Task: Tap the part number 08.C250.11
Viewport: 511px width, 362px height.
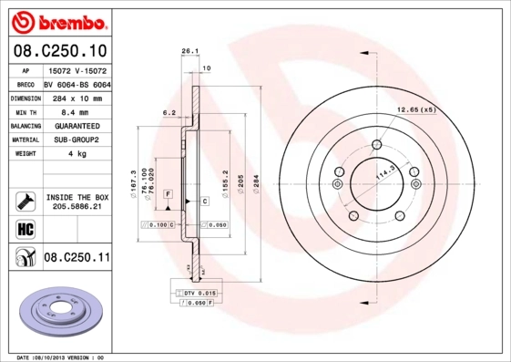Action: pos(77,258)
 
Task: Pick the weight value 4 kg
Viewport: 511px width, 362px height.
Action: pos(76,154)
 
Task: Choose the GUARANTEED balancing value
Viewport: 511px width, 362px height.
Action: pos(77,126)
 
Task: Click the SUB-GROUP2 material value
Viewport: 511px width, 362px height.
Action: pos(77,140)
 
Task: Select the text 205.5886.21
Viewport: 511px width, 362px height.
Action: pos(77,207)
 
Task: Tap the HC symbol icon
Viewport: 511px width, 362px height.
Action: pos(24,229)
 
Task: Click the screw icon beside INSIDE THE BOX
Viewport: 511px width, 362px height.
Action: pos(24,201)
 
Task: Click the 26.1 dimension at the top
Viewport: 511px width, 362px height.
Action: pos(189,52)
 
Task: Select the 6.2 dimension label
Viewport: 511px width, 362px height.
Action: pos(169,113)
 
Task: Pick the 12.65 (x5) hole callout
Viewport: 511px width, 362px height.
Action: pos(416,109)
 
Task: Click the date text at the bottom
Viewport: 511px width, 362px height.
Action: pos(60,357)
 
